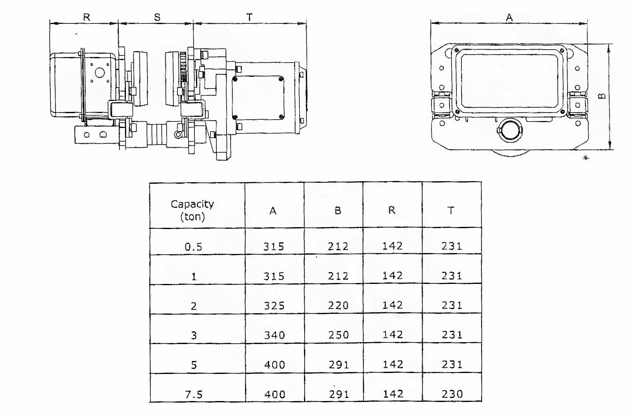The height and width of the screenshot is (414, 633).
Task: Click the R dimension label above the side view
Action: pos(87,17)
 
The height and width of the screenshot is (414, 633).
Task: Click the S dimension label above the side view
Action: pos(157,18)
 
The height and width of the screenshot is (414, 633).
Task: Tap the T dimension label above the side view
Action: pos(249,17)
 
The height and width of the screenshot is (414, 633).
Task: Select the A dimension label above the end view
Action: pos(509,18)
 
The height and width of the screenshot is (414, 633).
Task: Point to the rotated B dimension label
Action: pos(602,96)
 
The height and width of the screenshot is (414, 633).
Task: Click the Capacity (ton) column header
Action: pos(192,210)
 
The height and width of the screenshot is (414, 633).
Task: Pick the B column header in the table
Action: pos(338,211)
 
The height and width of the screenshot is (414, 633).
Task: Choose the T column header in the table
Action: pos(451,211)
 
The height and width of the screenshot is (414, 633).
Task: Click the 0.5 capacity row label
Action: pos(194,247)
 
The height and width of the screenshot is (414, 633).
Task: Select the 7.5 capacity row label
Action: pos(194,395)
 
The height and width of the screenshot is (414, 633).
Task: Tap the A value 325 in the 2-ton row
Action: pos(274,306)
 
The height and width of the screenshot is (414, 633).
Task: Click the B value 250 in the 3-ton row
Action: pos(339,335)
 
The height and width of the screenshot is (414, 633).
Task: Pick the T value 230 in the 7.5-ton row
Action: pos(452,394)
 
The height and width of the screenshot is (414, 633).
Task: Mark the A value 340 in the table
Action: pos(274,335)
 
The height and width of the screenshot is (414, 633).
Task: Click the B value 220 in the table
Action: pos(338,305)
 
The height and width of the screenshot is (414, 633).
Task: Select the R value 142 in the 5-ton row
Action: pos(393,365)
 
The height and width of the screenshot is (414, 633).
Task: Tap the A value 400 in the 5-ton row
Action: pos(275,365)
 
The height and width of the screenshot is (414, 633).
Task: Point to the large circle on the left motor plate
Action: pos(100,73)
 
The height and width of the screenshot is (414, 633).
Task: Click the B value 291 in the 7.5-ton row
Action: pos(339,394)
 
